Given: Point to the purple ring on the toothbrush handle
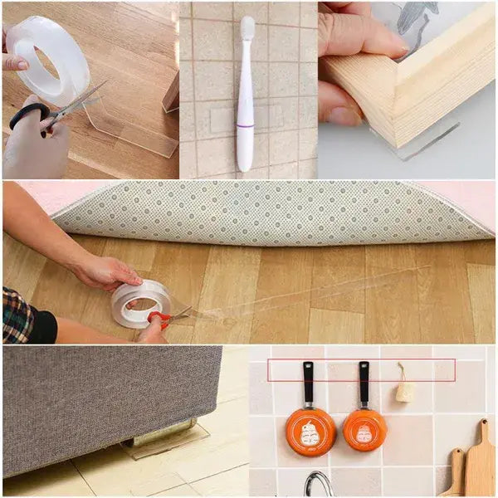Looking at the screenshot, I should (x=246, y=125).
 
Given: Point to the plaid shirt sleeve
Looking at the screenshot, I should (x=18, y=315).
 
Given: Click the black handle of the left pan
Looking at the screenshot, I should (x=309, y=382).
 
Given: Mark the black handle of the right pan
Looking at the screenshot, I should (x=364, y=382).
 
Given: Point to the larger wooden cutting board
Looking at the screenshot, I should (x=478, y=465).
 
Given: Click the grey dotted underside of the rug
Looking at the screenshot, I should (x=274, y=212).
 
